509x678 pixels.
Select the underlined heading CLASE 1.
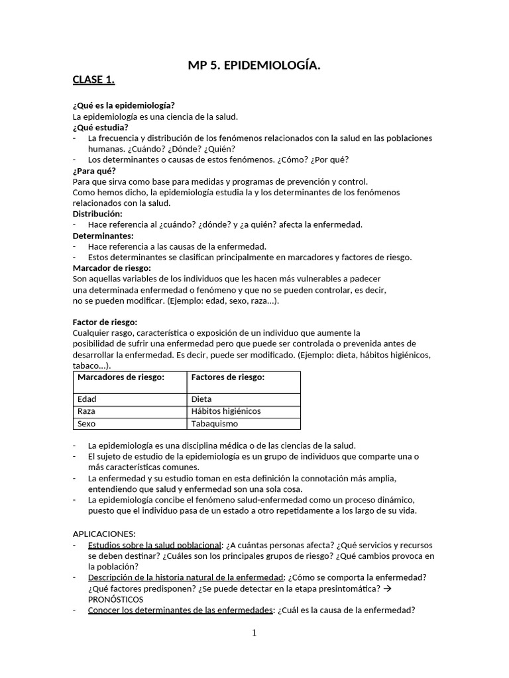93,80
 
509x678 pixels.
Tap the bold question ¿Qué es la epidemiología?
124,105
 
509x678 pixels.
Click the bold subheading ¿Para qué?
94,170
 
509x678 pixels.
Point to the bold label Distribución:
97,214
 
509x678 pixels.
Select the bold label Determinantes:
103,235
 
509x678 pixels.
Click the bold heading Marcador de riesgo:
111,267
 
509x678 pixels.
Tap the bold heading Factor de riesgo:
105,322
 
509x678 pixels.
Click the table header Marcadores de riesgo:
121,377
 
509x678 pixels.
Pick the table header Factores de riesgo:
227,377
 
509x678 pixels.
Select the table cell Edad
87,399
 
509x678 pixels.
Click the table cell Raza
87,411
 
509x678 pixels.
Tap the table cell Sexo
87,424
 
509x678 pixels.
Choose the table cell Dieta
201,399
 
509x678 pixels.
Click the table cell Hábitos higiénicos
226,411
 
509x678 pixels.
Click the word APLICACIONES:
103,533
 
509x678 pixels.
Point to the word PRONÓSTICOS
115,599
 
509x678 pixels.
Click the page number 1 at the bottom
254,633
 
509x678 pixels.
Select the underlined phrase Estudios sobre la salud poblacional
154,545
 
